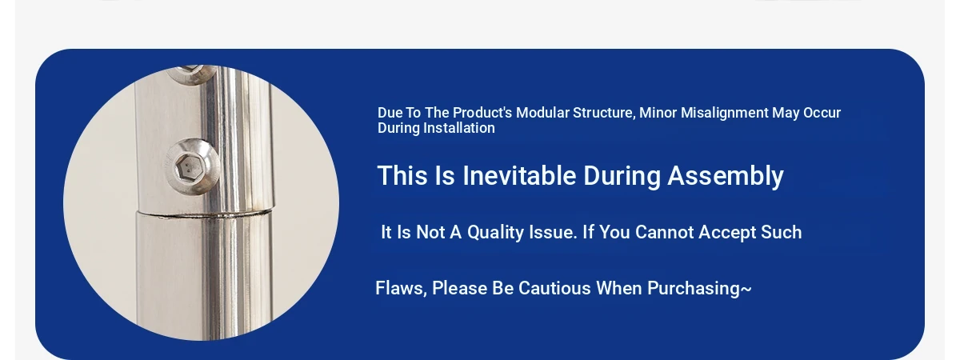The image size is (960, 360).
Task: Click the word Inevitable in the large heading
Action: click(x=519, y=176)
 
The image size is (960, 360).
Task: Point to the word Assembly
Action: click(x=726, y=177)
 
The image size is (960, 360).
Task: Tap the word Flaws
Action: click(x=401, y=289)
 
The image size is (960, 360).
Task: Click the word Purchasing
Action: click(x=694, y=289)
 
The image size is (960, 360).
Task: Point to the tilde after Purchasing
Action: click(x=746, y=289)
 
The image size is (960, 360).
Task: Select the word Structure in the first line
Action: click(x=604, y=113)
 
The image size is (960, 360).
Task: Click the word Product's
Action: click(x=482, y=113)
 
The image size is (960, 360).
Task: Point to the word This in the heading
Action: click(x=402, y=176)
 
